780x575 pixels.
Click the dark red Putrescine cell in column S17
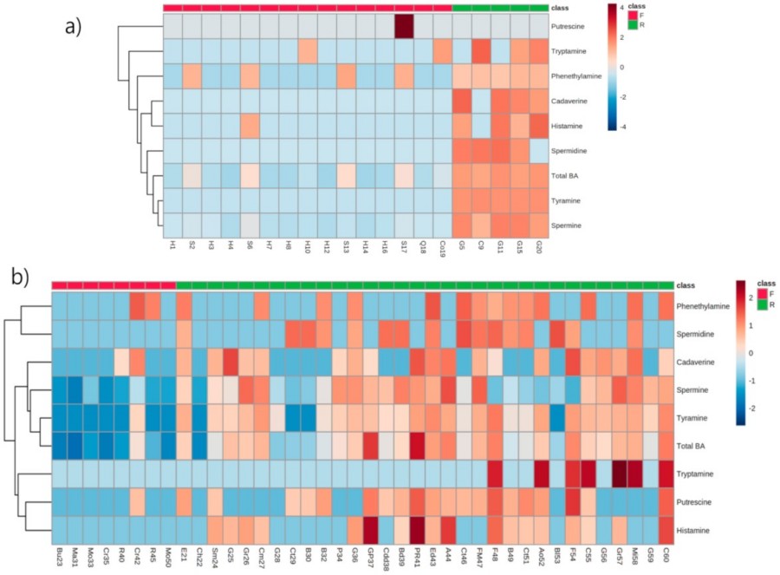click(x=404, y=27)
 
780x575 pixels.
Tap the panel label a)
click(x=77, y=26)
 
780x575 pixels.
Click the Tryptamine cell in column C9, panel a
click(x=481, y=52)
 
